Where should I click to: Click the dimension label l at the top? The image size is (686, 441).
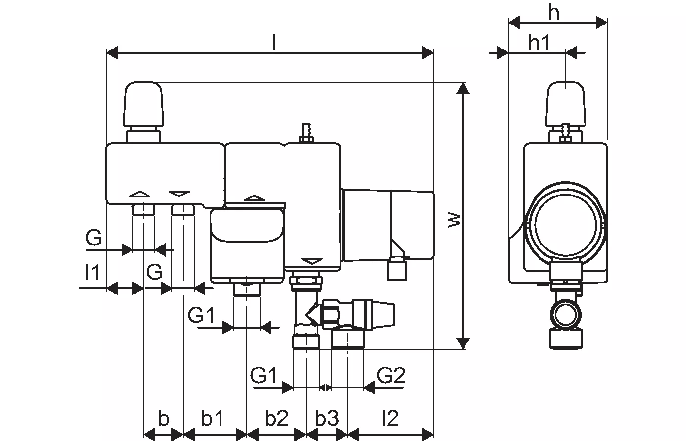pyautogui.click(x=274, y=44)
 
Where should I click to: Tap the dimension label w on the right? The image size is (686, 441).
pyautogui.click(x=455, y=220)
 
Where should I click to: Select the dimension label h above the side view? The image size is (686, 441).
pyautogui.click(x=554, y=13)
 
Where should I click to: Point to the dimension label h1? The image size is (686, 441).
pyautogui.click(x=539, y=43)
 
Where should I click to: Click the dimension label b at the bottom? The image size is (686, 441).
pyautogui.click(x=163, y=419)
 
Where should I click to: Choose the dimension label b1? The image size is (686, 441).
pyautogui.click(x=213, y=419)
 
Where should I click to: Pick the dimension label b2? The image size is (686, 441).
pyautogui.click(x=276, y=419)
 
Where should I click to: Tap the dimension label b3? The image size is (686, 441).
pyautogui.click(x=327, y=419)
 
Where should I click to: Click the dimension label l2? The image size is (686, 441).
pyautogui.click(x=390, y=419)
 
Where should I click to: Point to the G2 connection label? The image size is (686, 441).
pyautogui.click(x=391, y=376)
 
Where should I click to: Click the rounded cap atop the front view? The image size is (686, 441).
pyautogui.click(x=144, y=104)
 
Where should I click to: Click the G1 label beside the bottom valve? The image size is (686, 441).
pyautogui.click(x=264, y=376)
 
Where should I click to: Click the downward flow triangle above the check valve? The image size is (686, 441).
pyautogui.click(x=311, y=260)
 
